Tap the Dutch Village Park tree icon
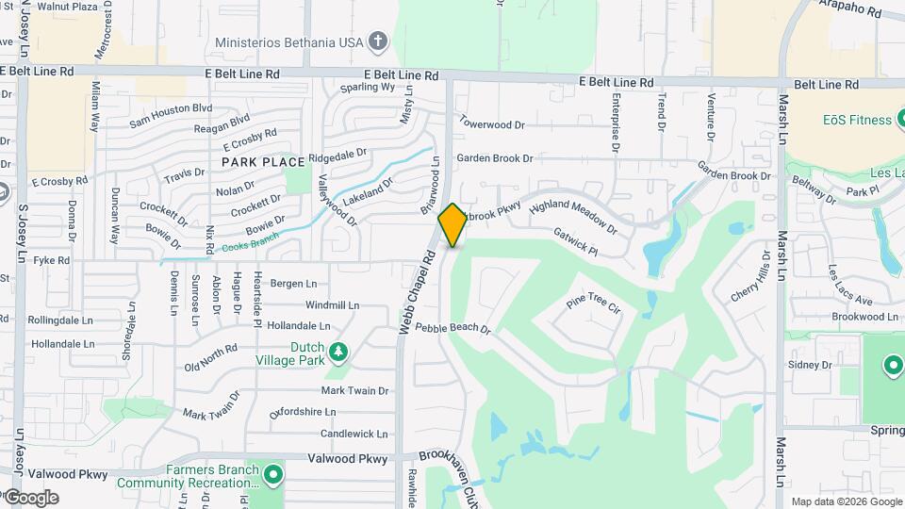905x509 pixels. [x=337, y=353]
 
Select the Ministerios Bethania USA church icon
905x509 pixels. [x=378, y=41]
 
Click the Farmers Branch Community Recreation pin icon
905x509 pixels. [x=273, y=473]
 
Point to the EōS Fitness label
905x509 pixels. [x=856, y=120]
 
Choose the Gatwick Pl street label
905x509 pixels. [x=575, y=241]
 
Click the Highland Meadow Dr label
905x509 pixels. [x=573, y=217]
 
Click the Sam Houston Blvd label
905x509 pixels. [x=171, y=115]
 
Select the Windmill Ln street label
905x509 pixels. [x=333, y=305]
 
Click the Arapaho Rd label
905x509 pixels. [x=851, y=10]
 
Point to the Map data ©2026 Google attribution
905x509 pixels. [x=846, y=501]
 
